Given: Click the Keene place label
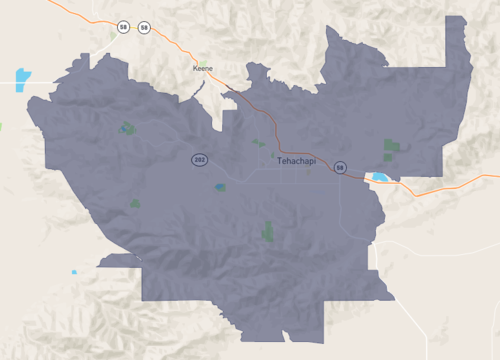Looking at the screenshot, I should click(x=203, y=68).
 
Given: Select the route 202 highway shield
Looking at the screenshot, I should click(x=200, y=159).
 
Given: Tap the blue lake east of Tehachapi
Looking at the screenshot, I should click(x=381, y=178).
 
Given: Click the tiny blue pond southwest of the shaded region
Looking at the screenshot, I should click(x=73, y=272).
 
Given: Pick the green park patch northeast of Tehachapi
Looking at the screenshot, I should click(x=391, y=150).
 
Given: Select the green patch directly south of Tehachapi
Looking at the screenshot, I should click(x=267, y=231).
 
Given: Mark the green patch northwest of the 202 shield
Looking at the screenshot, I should click(x=127, y=128).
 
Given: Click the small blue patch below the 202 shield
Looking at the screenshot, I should click(x=219, y=187).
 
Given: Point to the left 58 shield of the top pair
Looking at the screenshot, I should click(x=122, y=27).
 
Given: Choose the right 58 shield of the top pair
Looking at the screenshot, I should click(x=144, y=27).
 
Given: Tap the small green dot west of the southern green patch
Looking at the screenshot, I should click(x=135, y=203).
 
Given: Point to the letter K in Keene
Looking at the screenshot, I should click(x=195, y=68).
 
